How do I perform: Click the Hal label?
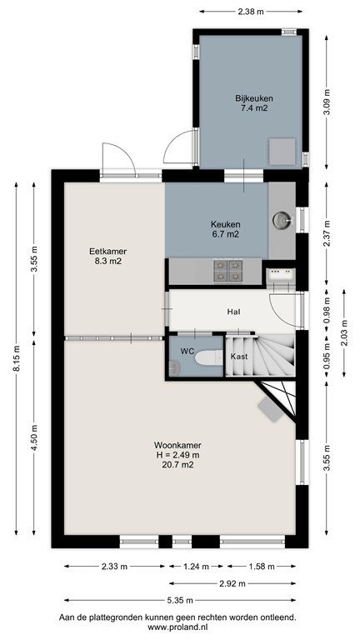pos(234,312)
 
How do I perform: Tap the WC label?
pos(187,352)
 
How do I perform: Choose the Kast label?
pos(239,356)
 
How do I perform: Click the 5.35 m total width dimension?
pos(180,599)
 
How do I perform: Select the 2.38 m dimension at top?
pos(250,12)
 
